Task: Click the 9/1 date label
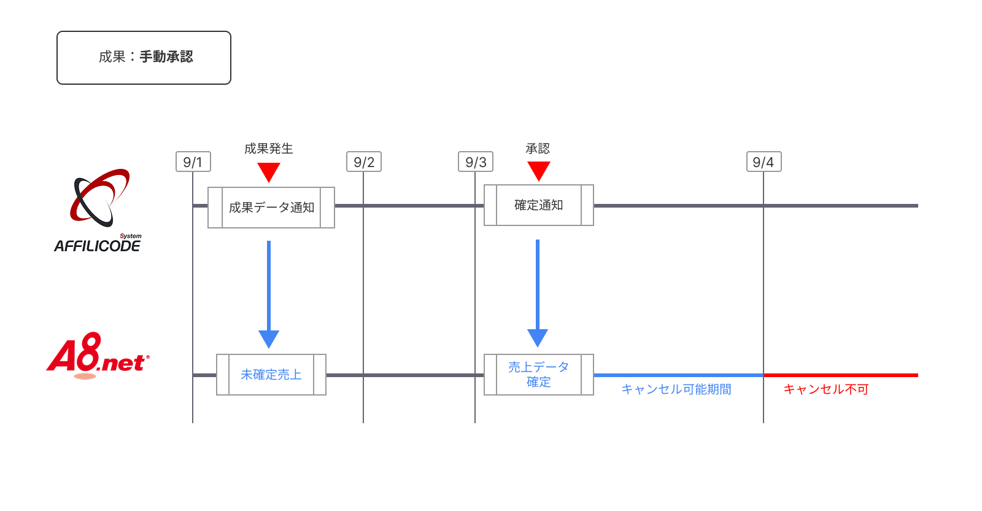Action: pyautogui.click(x=193, y=162)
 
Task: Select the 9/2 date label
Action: pyautogui.click(x=364, y=162)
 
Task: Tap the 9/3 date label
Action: pyautogui.click(x=476, y=162)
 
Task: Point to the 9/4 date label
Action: pyautogui.click(x=764, y=162)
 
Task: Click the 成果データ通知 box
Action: pyautogui.click(x=271, y=208)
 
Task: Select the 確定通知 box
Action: pyautogui.click(x=539, y=205)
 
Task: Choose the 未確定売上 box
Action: pyautogui.click(x=271, y=375)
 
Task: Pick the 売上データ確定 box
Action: pyautogui.click(x=539, y=375)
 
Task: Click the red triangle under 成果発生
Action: pyautogui.click(x=269, y=171)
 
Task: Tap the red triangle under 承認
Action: pyautogui.click(x=539, y=170)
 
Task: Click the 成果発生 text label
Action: pyautogui.click(x=269, y=149)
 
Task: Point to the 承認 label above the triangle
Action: pyautogui.click(x=538, y=149)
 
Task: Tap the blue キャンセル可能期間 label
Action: pyautogui.click(x=676, y=389)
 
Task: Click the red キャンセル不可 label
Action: pyautogui.click(x=826, y=389)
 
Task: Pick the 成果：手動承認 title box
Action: pyautogui.click(x=144, y=58)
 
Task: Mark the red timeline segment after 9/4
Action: pyautogui.click(x=841, y=375)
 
